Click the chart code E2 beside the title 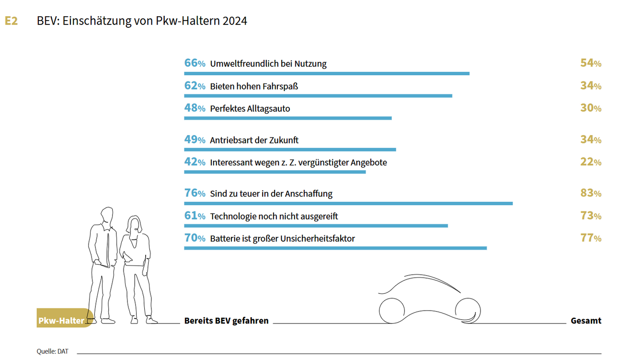[x=11, y=21]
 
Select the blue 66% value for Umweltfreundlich [x=195, y=63]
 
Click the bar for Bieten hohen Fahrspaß [x=318, y=95]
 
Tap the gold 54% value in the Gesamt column [x=590, y=63]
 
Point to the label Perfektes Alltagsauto [x=250, y=109]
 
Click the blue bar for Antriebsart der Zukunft [x=290, y=150]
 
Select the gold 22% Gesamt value [x=590, y=162]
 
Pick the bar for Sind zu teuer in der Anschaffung [x=348, y=203]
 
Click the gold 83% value [x=590, y=193]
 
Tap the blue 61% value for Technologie [x=195, y=216]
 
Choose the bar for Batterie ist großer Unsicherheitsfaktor [x=335, y=248]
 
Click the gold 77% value [x=590, y=238]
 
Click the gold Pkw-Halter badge [x=62, y=320]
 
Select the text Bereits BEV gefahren [x=226, y=321]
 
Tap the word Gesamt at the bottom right [x=585, y=321]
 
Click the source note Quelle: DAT [x=52, y=351]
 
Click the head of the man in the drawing [x=106, y=215]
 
